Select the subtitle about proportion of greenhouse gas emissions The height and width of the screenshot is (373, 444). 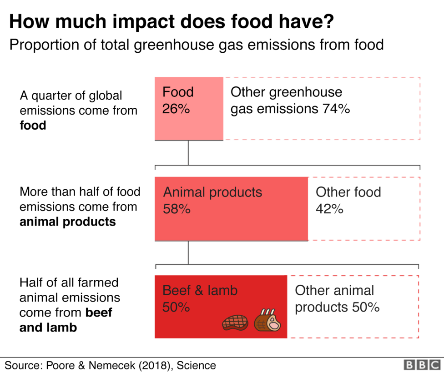coord(197,45)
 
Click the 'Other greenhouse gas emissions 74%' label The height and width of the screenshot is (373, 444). coord(290,101)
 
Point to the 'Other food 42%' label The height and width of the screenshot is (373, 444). coord(348,200)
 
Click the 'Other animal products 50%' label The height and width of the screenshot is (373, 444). coord(337,298)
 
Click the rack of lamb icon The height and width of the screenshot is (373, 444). coord(267,320)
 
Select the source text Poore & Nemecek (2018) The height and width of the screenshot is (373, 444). coord(110,365)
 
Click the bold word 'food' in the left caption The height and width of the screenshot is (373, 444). coord(33,125)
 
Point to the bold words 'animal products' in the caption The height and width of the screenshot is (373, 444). coord(67,222)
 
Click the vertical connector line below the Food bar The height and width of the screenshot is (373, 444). coord(188,152)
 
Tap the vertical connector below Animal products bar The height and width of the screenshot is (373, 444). coord(188,252)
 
